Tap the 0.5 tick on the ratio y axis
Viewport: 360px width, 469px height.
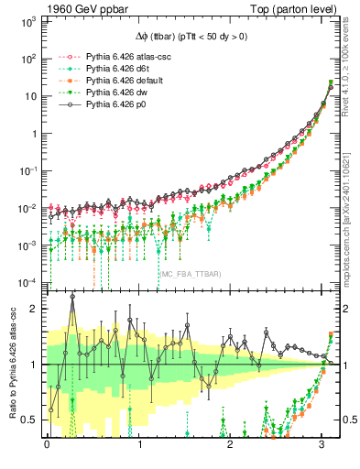[x=29, y=420]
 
